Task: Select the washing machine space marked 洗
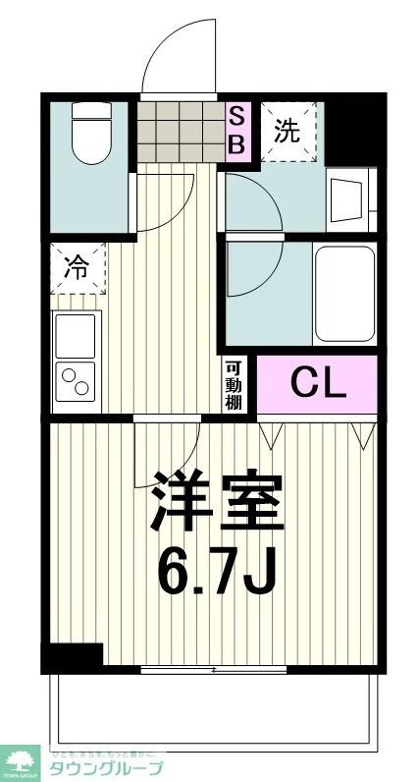click(x=287, y=131)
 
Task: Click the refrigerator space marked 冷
click(x=77, y=266)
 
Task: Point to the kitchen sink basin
click(x=76, y=336)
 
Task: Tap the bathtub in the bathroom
click(x=343, y=294)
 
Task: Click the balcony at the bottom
click(x=211, y=707)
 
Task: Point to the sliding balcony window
click(x=214, y=670)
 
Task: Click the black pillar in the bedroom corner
click(x=73, y=656)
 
